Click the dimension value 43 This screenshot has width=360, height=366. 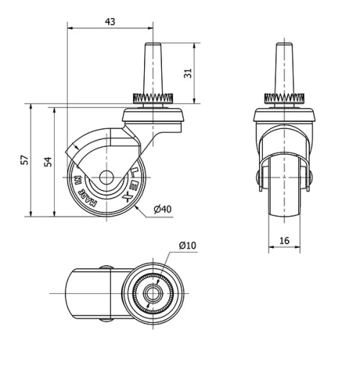pyautogui.click(x=110, y=22)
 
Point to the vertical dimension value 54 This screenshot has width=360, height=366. pyautogui.click(x=47, y=161)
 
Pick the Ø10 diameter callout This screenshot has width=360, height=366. pyautogui.click(x=187, y=245)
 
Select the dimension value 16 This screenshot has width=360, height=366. pyautogui.click(x=286, y=241)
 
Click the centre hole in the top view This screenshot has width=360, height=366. pyautogui.click(x=153, y=294)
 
